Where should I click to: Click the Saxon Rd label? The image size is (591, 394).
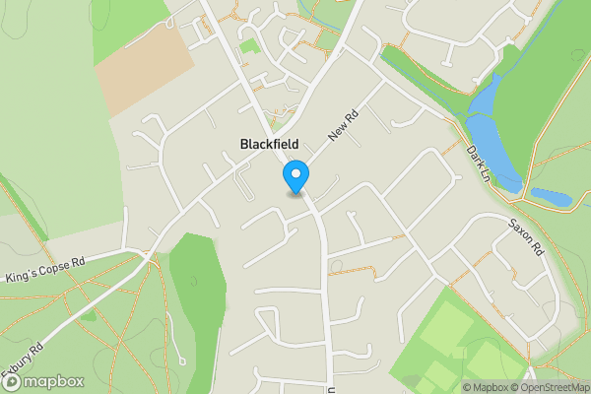click(x=527, y=237)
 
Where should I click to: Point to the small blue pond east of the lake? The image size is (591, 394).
click(x=551, y=196)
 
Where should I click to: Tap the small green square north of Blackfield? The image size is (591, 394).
click(x=250, y=45)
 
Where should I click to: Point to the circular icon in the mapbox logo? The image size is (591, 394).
click(x=14, y=381)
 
